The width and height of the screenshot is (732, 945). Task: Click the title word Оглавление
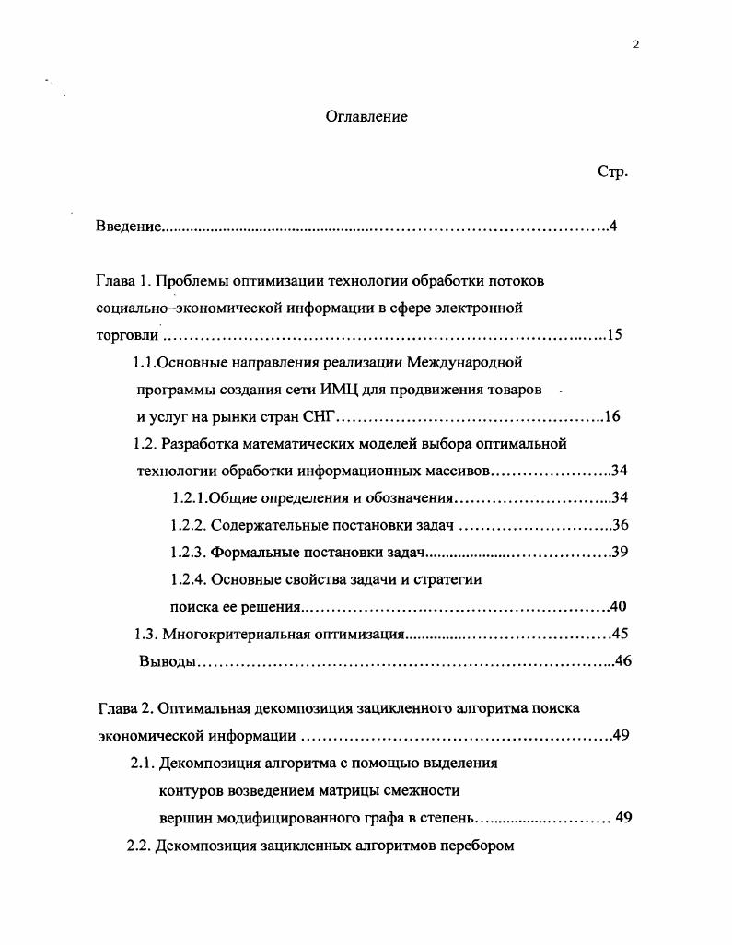(366, 117)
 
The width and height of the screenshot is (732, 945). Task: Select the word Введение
(129, 227)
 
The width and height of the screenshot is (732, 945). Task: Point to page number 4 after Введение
(612, 227)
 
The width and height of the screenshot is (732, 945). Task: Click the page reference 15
(614, 334)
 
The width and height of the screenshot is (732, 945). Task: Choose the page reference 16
(612, 416)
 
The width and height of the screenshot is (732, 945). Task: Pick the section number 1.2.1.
(189, 498)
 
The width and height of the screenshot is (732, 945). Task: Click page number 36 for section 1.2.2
(620, 525)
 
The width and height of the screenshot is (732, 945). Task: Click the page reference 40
(619, 606)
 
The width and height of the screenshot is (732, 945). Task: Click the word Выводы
(167, 661)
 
